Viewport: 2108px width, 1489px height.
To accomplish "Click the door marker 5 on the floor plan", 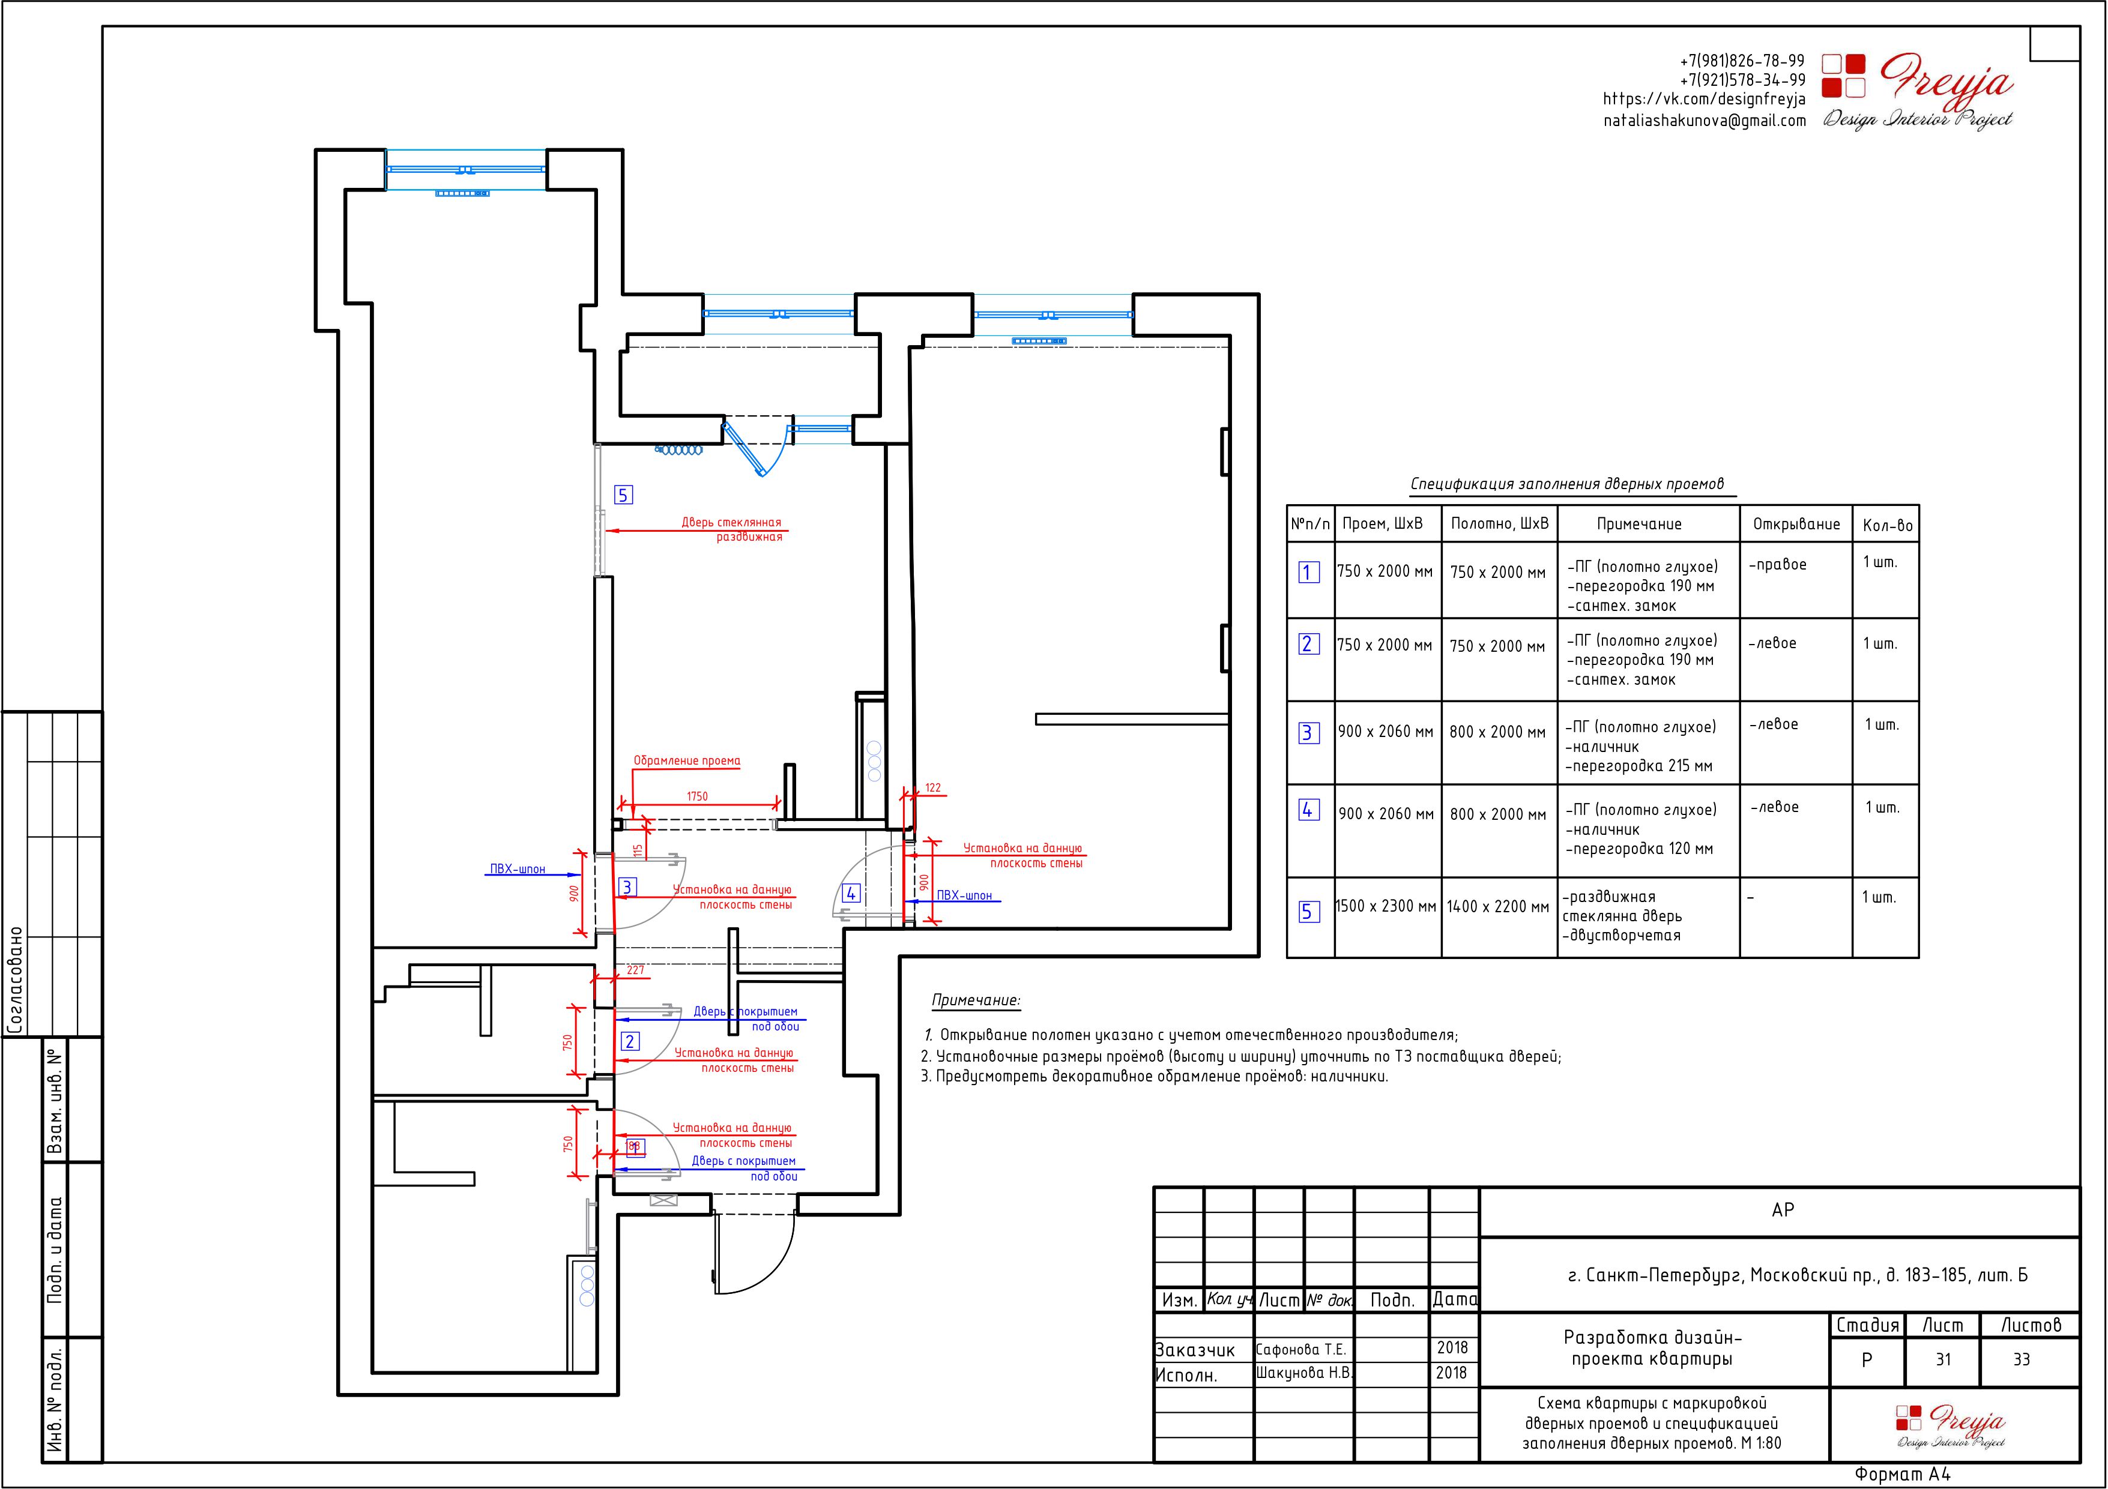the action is (623, 495).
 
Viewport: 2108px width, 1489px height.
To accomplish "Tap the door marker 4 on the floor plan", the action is (851, 892).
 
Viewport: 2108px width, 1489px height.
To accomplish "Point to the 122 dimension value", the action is (933, 787).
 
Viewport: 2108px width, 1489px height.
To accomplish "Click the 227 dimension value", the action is (635, 969).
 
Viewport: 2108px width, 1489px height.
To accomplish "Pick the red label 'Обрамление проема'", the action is (687, 760).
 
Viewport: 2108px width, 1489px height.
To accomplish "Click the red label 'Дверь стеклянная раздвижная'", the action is (732, 530).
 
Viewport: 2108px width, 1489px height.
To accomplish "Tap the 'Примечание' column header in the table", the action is (1639, 524).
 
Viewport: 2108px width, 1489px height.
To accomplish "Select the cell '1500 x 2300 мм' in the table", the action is (1386, 906).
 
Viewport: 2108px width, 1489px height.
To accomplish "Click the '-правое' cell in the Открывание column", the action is (1777, 565).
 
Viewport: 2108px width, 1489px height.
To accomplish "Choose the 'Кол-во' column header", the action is (1888, 525).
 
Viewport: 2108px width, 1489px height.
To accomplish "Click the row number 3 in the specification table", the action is (1308, 733).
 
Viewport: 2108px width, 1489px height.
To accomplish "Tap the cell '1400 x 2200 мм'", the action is (1499, 906).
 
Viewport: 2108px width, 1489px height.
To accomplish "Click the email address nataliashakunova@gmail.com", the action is (1705, 120).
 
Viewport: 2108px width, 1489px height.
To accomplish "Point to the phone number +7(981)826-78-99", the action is (1742, 61).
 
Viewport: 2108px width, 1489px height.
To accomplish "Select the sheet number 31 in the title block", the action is (1943, 1359).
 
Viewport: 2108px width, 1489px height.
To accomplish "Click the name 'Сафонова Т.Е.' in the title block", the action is (1301, 1350).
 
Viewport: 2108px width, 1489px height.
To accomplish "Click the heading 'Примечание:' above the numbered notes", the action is (976, 1000).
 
